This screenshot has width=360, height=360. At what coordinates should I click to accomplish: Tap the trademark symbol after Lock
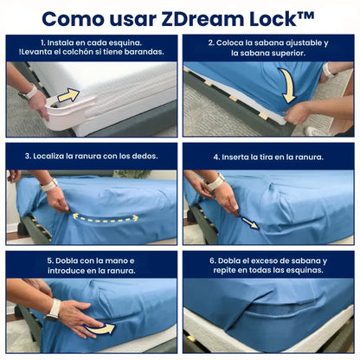coord(305,15)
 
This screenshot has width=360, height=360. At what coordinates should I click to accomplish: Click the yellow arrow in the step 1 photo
coord(68,96)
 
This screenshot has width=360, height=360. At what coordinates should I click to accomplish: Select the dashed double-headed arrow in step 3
coord(105,218)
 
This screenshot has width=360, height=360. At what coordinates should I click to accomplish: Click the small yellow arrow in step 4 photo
coord(250,223)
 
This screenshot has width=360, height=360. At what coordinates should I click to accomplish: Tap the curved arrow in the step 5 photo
coord(100,328)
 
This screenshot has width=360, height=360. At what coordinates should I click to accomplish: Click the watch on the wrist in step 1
coord(29,93)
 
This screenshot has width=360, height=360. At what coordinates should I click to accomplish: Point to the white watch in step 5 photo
coord(54,311)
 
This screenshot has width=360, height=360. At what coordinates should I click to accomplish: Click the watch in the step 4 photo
coord(215,182)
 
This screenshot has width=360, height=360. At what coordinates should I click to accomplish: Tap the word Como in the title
coord(74,19)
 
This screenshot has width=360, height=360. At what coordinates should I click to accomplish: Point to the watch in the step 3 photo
coord(48,185)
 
